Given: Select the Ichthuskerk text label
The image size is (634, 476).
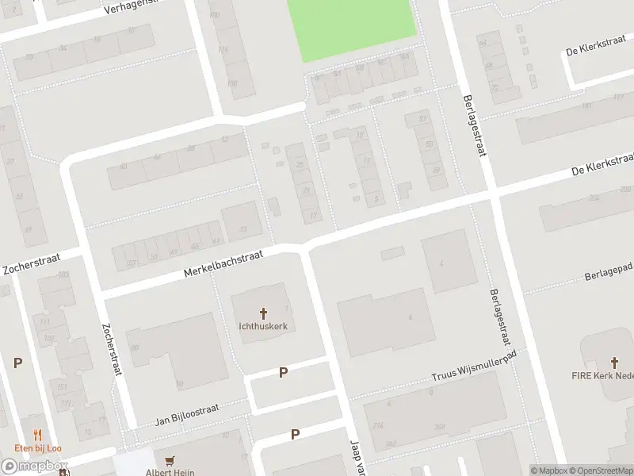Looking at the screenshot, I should tap(262, 326).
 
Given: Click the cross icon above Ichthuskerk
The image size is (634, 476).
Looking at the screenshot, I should tap(263, 314).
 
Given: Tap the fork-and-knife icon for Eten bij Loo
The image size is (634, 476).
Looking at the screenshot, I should tap(36, 434).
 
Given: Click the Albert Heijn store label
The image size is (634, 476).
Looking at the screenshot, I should tap(169, 471).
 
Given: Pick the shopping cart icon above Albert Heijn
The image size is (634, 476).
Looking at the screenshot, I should tap(169, 460).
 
